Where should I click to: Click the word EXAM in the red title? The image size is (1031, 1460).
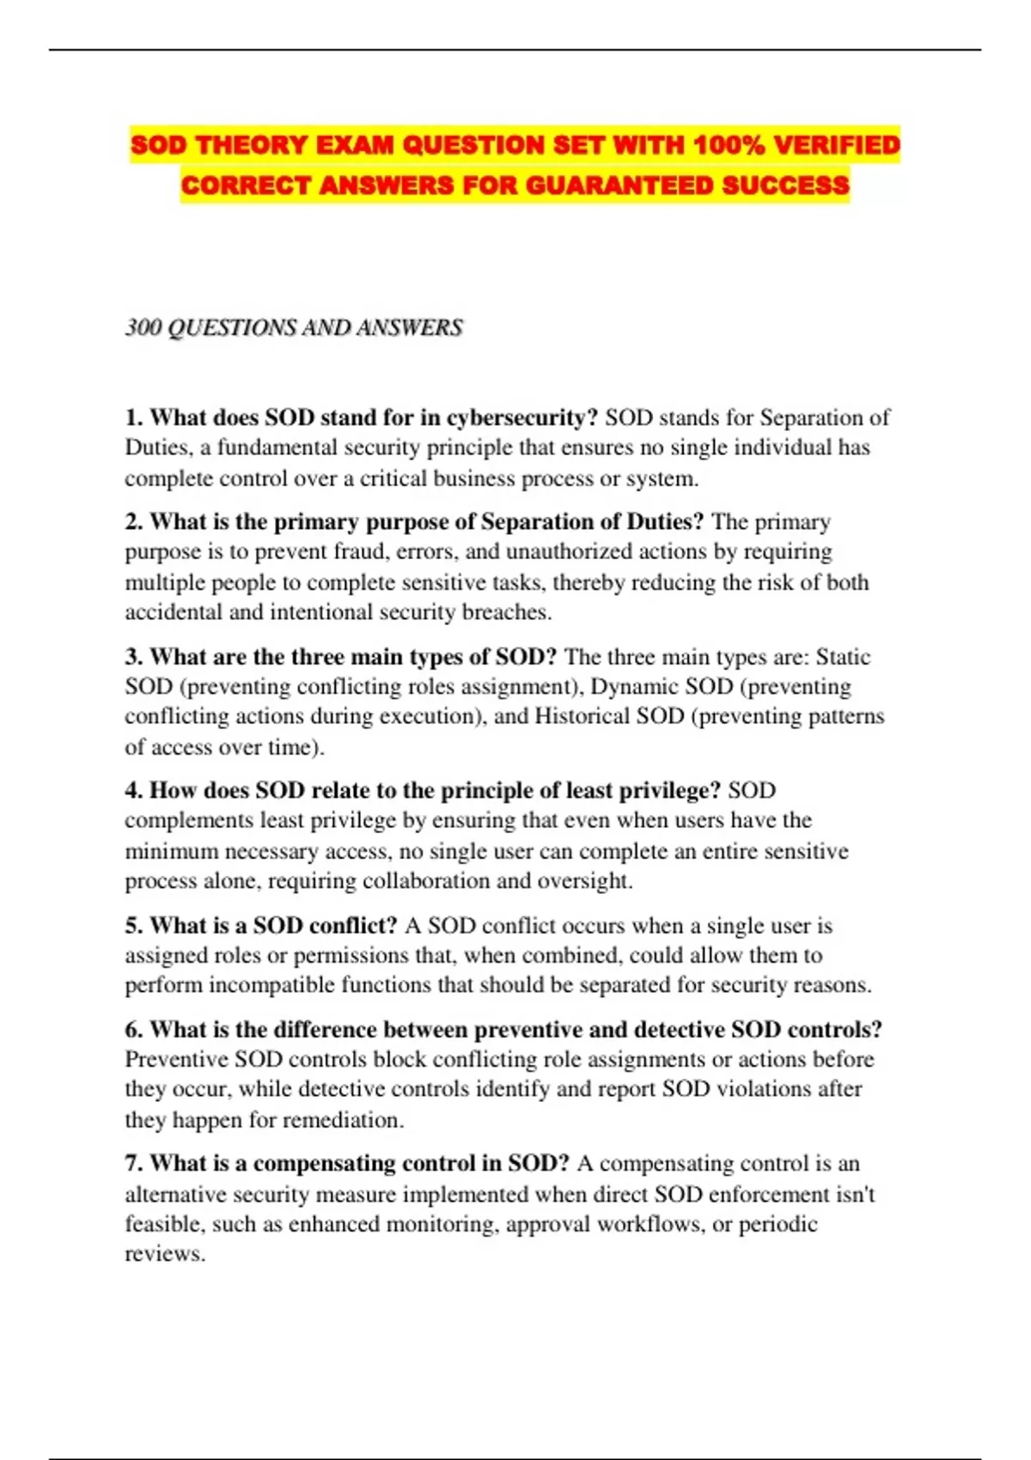coord(356,145)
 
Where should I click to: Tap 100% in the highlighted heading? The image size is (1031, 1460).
coord(729,145)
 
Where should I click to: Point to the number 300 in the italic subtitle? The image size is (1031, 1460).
coord(143,328)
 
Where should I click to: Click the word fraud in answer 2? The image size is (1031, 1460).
coord(360,551)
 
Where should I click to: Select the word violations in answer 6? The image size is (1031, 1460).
coord(763,1089)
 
